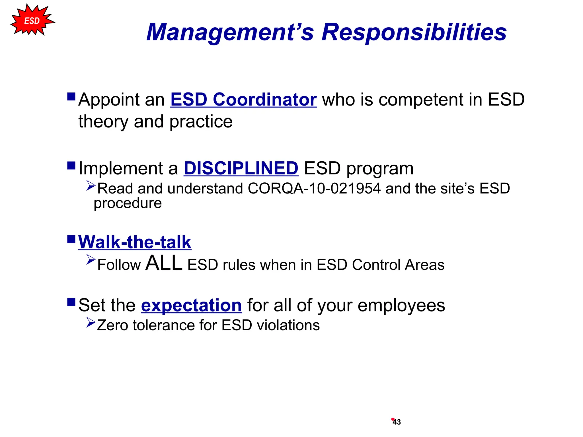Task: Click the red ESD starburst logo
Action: coord(32,20)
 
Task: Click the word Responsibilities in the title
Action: coord(414,32)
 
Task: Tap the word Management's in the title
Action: coord(230,32)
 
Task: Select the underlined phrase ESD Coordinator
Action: coord(243,100)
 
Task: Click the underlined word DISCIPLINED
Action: coord(241,168)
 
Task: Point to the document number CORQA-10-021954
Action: coord(314,189)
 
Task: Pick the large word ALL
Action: coord(164,263)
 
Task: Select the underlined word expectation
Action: coord(191,305)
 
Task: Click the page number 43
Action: coord(397,422)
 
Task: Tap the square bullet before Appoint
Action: coord(71,97)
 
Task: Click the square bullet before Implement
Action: coord(71,166)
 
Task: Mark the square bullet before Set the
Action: coord(71,302)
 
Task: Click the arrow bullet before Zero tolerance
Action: coord(91,323)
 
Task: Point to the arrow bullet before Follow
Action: coord(91,259)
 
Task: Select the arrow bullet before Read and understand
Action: coord(91,185)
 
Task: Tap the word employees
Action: coord(401,305)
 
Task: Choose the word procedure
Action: coord(128,203)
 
